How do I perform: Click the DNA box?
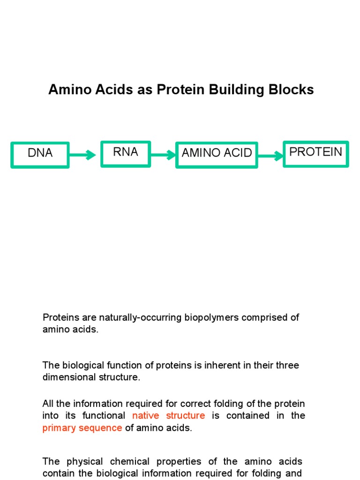40,155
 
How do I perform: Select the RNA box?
126,154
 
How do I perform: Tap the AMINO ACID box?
217,155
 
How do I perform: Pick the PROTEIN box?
315,154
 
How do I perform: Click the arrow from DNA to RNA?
83,155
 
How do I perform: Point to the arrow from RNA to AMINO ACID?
163,155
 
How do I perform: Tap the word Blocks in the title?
295,90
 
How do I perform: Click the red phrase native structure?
169,415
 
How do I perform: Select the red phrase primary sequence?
82,428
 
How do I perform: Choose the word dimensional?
67,377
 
